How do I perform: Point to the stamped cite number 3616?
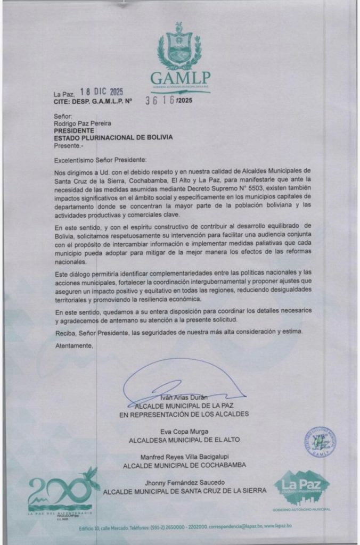click(x=160, y=101)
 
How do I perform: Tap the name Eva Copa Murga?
click(x=184, y=431)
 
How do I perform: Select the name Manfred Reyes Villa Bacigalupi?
click(x=184, y=457)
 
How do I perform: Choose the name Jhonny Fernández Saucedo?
click(x=184, y=482)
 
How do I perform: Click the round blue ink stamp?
click(x=320, y=441)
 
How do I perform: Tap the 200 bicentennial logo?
click(x=61, y=490)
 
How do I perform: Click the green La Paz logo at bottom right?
click(x=301, y=488)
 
